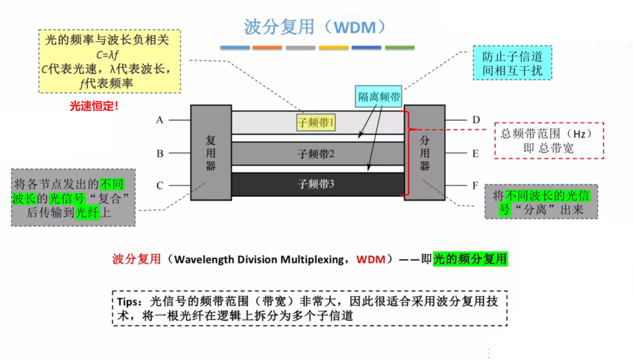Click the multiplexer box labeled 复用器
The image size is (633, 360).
click(x=211, y=153)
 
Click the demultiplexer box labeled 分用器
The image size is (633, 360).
click(x=424, y=153)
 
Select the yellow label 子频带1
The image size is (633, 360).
click(x=316, y=122)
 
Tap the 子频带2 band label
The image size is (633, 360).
click(x=316, y=154)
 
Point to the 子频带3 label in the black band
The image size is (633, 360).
click(x=316, y=184)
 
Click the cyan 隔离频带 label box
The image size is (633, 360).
click(x=378, y=97)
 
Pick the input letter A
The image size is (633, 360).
click(x=160, y=120)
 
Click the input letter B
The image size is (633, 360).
click(x=160, y=153)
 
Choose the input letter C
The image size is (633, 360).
click(x=160, y=186)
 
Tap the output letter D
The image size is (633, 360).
click(x=476, y=120)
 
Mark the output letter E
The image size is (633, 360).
click(x=475, y=154)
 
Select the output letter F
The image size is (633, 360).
click(x=475, y=186)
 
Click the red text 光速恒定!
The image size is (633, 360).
click(x=94, y=106)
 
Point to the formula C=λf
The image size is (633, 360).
click(x=108, y=54)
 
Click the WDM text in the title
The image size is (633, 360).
click(x=355, y=28)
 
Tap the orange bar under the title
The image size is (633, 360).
click(x=267, y=48)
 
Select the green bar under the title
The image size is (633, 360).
click(x=399, y=48)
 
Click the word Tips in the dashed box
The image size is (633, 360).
click(x=129, y=302)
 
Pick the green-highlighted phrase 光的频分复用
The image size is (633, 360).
click(x=470, y=259)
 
